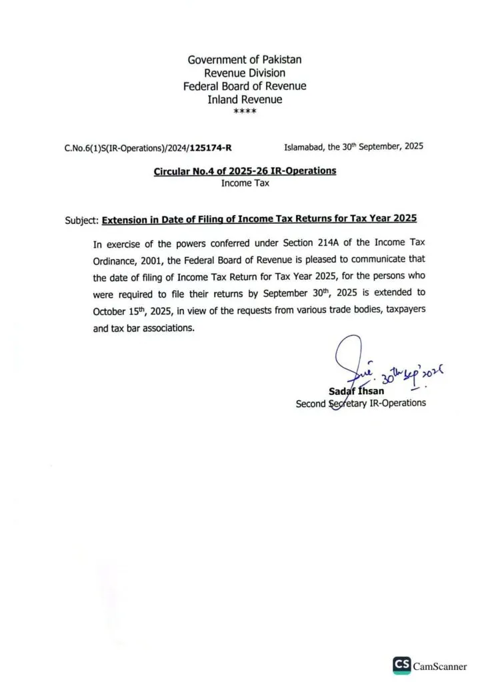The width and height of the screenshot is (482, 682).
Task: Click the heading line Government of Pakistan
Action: click(244, 59)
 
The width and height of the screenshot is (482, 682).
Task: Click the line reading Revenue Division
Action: click(244, 73)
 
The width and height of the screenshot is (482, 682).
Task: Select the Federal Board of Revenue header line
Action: click(244, 86)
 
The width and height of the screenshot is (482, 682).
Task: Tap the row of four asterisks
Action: click(244, 111)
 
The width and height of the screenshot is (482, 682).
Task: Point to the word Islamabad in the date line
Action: click(303, 146)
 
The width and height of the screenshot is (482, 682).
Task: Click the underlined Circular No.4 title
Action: click(245, 171)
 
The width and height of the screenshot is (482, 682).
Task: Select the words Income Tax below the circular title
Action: click(245, 183)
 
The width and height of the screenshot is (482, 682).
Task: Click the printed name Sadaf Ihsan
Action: click(356, 391)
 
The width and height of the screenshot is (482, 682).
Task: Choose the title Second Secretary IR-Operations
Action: click(360, 404)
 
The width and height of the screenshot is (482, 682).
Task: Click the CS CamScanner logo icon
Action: click(401, 666)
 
